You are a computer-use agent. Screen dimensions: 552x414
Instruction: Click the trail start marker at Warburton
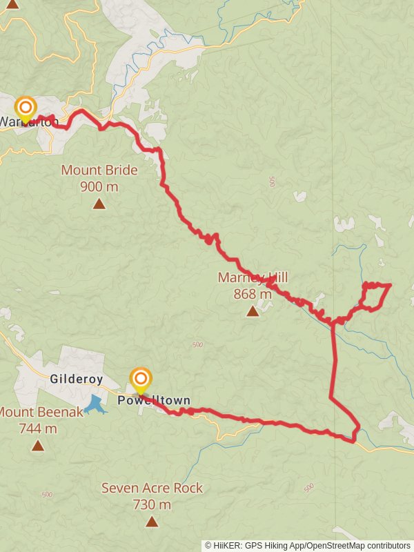[26, 108]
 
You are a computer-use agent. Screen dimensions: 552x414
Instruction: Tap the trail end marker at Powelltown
[141, 379]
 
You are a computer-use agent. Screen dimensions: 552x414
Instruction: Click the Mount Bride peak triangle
[99, 204]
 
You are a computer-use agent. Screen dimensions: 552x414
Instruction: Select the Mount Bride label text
[99, 170]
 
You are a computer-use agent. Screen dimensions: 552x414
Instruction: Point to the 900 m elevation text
[99, 186]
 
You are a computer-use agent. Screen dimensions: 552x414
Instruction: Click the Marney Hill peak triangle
[253, 311]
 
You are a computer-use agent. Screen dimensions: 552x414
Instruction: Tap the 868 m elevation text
[253, 294]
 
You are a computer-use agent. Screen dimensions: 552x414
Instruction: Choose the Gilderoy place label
[77, 379]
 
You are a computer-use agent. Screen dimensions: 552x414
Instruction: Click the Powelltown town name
[153, 401]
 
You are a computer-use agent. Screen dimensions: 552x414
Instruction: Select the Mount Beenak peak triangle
[37, 446]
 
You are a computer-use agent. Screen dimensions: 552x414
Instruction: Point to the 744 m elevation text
[37, 428]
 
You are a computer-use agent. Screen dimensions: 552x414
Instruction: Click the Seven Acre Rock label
[152, 488]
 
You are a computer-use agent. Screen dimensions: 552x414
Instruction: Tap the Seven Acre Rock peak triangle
[152, 522]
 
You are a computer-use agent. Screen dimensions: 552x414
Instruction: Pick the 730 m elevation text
[152, 504]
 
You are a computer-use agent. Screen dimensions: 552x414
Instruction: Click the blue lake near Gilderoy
[95, 404]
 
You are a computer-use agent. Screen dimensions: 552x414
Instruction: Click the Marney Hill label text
[253, 278]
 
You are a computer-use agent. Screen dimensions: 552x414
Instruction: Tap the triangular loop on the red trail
[375, 296]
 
